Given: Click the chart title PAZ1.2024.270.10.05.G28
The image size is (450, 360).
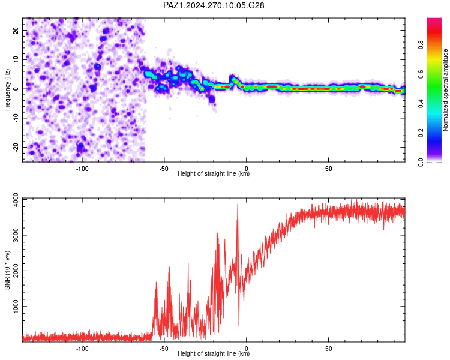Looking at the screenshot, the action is coord(214,5).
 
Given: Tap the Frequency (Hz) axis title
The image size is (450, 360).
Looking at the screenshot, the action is coord(7,90).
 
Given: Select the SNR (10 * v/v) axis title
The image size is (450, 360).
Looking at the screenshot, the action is coord(7,270).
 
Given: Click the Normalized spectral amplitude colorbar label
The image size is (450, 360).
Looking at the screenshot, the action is coord(445,90).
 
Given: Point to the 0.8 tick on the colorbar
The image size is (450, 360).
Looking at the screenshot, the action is coord(421,45).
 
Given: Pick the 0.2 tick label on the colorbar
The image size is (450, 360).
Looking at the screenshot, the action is coord(421,133).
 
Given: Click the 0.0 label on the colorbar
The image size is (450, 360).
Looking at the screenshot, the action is coord(421,163).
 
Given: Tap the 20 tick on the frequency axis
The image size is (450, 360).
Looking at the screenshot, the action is coord(16,31).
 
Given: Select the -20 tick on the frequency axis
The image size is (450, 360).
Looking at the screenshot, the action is coord(16,148).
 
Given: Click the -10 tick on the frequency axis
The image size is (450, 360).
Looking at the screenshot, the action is coord(16,118).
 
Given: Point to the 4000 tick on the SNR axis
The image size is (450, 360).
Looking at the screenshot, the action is coord(16,200).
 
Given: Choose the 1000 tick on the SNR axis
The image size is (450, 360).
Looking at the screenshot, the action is coord(16,307).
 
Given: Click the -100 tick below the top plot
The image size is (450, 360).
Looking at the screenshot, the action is coord(82,169).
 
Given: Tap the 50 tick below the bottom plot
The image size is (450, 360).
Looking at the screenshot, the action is coord(329,349).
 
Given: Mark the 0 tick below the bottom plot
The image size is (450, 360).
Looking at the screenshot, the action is coord(246,349).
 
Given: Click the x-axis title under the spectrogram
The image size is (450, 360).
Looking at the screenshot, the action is coord(214,173).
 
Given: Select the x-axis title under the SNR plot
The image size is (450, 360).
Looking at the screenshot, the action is coord(214,353).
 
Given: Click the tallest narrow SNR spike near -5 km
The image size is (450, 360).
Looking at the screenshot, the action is coord(238,205).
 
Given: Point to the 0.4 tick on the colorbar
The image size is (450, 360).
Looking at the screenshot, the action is coord(421,104).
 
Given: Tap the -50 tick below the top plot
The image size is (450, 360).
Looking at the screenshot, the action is coord(164,169).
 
